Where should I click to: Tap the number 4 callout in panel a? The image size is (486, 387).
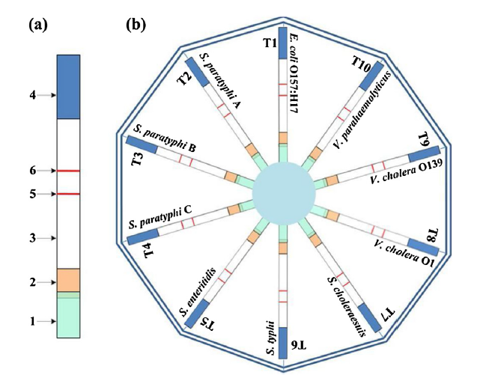coord(31,95)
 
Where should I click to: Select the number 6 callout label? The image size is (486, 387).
coord(31,171)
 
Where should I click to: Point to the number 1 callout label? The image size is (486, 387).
coord(31,321)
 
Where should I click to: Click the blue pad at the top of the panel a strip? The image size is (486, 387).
coord(69,88)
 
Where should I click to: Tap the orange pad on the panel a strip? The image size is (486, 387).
coord(69,280)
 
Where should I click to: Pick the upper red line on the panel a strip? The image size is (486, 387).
coord(69,171)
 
